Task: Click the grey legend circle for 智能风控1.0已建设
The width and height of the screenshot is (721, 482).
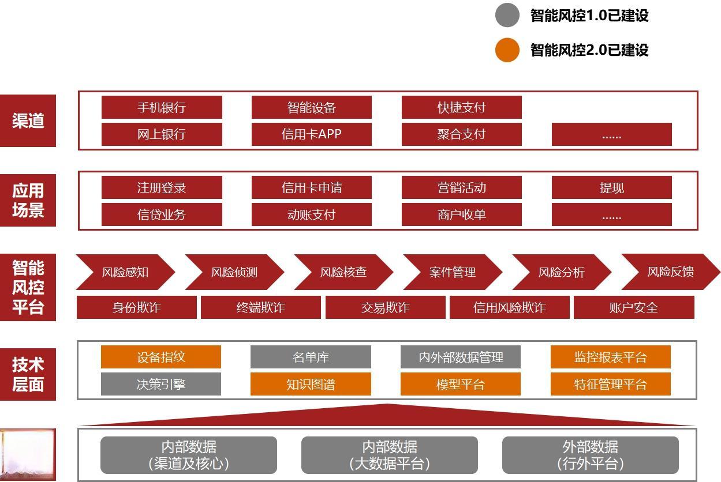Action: click(507, 15)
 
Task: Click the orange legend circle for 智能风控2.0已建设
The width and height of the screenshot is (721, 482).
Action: click(507, 50)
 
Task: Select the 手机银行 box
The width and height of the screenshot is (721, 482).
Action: click(162, 107)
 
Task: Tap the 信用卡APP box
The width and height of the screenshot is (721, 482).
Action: click(311, 134)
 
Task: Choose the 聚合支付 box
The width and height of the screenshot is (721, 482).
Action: click(461, 134)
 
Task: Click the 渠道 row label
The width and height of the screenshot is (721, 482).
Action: click(28, 120)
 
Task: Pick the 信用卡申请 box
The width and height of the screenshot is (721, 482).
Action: click(311, 188)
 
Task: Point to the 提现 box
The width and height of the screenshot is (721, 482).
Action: click(611, 188)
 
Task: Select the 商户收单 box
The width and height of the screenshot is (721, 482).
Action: click(461, 215)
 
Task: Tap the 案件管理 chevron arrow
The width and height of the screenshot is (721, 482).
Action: click(452, 272)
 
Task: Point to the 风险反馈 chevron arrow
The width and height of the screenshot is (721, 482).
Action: click(670, 272)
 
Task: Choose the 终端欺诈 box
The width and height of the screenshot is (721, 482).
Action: click(260, 307)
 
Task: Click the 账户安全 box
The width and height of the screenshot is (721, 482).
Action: click(633, 307)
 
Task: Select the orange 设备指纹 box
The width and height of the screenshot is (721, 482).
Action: click(160, 357)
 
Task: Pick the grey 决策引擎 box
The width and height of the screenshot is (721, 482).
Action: click(160, 384)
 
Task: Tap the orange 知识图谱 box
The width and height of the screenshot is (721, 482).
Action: click(311, 384)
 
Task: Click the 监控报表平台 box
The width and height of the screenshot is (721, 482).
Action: click(610, 357)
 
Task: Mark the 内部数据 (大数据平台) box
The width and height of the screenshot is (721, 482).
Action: click(389, 455)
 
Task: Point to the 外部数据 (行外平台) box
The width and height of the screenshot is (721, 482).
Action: click(590, 455)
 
